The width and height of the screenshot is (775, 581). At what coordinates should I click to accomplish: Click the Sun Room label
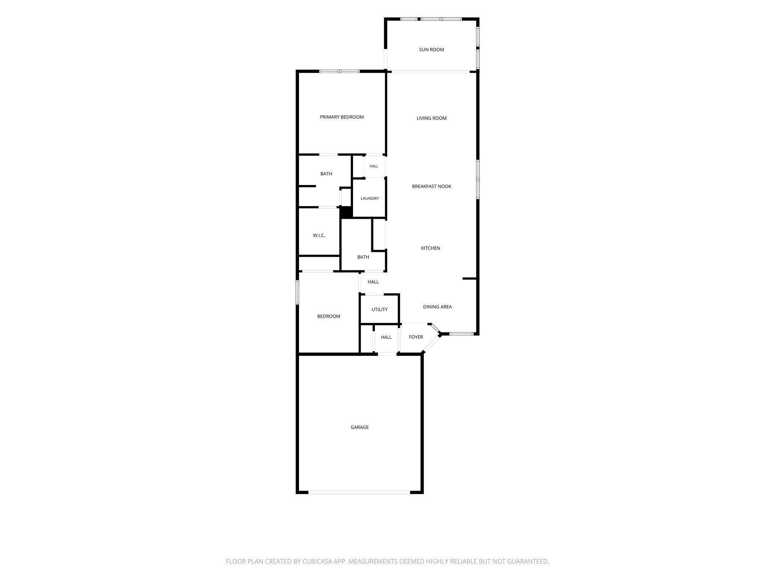coord(431,50)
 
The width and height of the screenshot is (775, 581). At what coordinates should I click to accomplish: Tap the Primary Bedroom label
coord(342,117)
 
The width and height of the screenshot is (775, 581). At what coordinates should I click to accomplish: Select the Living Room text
coord(431,118)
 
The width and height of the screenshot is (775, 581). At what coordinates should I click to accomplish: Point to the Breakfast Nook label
coord(431,186)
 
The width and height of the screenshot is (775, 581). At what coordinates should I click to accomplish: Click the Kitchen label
coord(430,248)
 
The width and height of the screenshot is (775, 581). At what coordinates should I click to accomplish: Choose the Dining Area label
coord(437,307)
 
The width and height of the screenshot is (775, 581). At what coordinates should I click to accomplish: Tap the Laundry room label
coord(369,199)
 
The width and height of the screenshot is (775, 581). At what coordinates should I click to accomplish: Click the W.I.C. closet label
coord(319,236)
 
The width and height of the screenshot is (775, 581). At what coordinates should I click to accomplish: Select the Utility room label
coord(379,309)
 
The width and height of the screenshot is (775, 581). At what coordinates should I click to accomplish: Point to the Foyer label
coord(416,337)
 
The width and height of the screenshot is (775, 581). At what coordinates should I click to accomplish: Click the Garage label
coord(359,427)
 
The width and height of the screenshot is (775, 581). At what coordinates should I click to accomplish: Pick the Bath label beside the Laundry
coord(326,174)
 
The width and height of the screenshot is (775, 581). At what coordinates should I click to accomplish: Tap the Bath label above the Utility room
coord(363,257)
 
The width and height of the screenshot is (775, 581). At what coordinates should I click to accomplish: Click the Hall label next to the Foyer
coord(386,337)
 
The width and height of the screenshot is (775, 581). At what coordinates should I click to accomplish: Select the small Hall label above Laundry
coord(374,166)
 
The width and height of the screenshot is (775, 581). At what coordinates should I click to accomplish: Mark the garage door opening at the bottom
coord(359,492)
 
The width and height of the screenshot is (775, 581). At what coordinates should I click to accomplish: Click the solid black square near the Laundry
coord(346,212)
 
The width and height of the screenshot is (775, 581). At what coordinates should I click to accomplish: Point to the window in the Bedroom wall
coord(297,292)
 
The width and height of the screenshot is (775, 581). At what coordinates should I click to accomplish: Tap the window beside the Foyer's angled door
coord(461,334)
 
